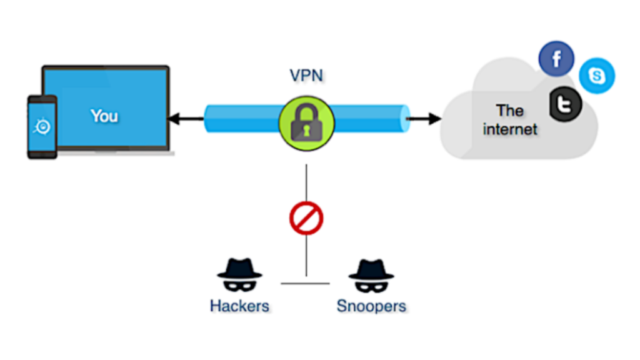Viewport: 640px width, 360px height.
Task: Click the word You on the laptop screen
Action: pos(104,116)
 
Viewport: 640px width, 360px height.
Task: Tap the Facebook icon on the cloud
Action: pos(556,59)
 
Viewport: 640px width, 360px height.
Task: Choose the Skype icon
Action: pos(597,76)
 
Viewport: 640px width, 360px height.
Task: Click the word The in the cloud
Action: pos(509,111)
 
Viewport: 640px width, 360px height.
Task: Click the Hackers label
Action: pos(240,306)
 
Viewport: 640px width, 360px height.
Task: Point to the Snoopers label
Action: pos(371,306)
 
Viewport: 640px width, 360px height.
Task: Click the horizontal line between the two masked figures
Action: pos(305,284)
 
